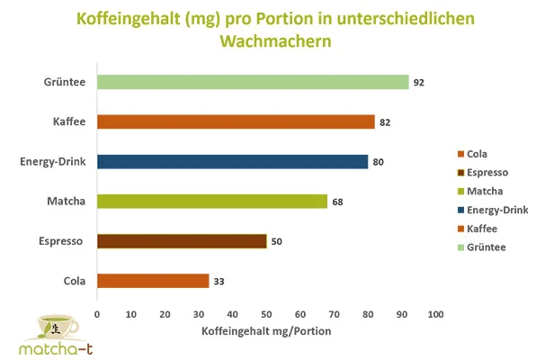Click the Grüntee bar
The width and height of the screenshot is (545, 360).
tap(252, 82)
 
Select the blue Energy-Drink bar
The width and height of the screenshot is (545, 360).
tap(232, 162)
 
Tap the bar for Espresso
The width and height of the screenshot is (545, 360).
tap(181, 241)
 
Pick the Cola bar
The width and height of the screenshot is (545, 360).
tap(152, 281)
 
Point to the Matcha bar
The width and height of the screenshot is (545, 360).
tap(211, 202)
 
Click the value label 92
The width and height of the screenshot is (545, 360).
tap(418, 83)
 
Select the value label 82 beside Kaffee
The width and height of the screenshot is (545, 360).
tap(384, 122)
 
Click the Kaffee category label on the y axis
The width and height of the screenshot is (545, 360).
tap(69, 121)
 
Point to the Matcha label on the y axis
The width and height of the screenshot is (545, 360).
tap(67, 201)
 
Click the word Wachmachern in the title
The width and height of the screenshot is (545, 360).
tap(272, 41)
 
